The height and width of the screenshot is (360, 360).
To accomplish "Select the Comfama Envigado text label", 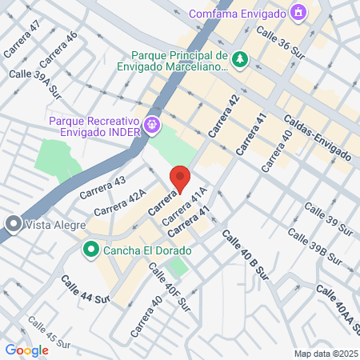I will (238, 14).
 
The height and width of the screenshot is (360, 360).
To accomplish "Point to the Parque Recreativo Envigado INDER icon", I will (153, 125).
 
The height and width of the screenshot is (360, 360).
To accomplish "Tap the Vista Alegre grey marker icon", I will (12, 225).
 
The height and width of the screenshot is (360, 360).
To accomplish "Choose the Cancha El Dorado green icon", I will (91, 251).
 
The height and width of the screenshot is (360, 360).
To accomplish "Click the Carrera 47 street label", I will (22, 38).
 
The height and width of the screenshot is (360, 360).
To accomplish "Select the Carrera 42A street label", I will (120, 203).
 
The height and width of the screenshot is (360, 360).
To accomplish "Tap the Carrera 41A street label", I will (185, 205).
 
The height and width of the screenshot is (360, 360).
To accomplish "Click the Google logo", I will (26, 350).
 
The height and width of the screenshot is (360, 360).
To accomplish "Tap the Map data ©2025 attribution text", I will (324, 354).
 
